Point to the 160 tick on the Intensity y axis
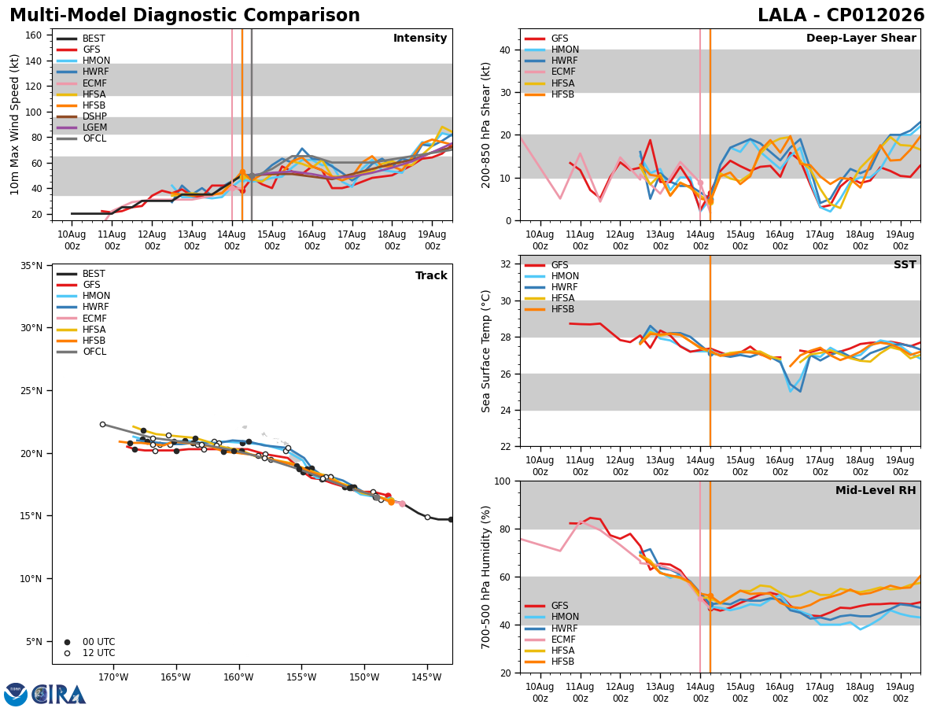[x=33, y=35]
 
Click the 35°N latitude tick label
[x=31, y=266]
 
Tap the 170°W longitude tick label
[x=114, y=677]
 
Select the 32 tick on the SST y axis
[x=506, y=264]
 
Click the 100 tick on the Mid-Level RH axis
[x=503, y=481]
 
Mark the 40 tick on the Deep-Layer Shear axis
[x=506, y=50]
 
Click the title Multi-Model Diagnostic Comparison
[x=185, y=16]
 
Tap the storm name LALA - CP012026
[x=841, y=16]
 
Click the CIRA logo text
[x=58, y=695]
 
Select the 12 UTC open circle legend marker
[x=67, y=654]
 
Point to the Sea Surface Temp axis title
[x=486, y=352]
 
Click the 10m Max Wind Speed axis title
[x=14, y=124]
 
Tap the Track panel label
[x=431, y=275]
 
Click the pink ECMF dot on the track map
[x=402, y=503]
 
